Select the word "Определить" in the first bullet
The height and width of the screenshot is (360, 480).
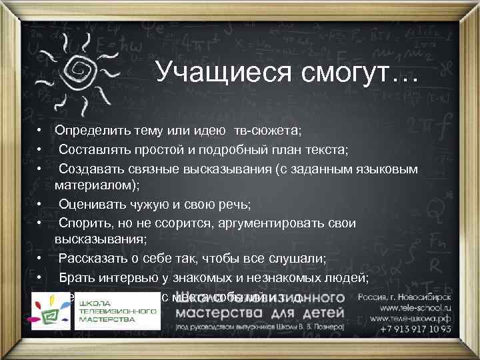(92, 129)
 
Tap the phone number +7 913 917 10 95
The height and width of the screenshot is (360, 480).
(415, 329)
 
